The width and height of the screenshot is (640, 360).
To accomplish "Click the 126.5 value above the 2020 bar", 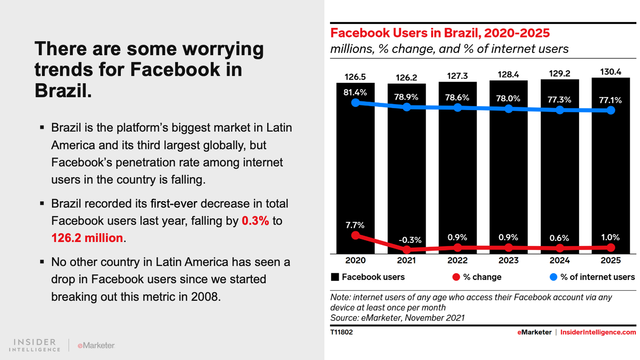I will click(x=355, y=77).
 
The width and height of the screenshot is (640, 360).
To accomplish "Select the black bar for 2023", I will click(x=508, y=168).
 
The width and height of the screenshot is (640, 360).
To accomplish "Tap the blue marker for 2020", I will click(x=355, y=103).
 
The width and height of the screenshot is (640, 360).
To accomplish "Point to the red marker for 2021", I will click(x=406, y=250).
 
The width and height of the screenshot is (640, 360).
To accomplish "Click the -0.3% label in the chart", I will click(x=410, y=240).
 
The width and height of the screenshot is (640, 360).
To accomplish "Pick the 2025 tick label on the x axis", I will click(x=610, y=260).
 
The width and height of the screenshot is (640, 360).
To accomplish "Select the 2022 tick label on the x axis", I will click(x=457, y=260).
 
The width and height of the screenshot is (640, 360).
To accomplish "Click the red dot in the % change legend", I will click(x=456, y=277).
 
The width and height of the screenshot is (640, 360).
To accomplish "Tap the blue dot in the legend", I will click(x=553, y=277).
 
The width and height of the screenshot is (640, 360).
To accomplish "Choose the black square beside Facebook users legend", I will click(x=335, y=277).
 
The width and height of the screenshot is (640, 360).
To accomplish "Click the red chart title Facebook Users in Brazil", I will click(x=440, y=33).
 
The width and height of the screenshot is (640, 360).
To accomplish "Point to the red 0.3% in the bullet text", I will click(x=255, y=221).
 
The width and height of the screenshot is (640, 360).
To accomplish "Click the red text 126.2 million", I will click(x=87, y=238).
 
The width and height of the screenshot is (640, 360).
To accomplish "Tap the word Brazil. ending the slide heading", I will click(x=63, y=91).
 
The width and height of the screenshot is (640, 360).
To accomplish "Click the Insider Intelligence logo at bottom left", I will click(x=35, y=345).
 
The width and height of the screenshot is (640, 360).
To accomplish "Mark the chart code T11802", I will click(x=342, y=332).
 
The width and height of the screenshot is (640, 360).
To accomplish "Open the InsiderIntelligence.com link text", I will click(x=598, y=332).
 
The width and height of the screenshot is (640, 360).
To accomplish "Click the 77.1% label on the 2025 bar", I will click(x=610, y=100).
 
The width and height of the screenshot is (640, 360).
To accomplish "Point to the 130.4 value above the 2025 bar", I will click(x=610, y=72).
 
